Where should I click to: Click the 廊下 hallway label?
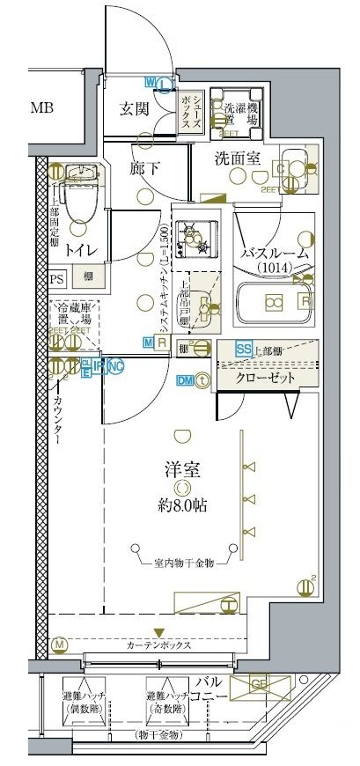click(143, 166)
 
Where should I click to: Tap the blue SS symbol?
click(244, 349)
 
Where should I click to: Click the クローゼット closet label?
click(263, 379)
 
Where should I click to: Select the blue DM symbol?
click(186, 380)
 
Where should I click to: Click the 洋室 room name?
click(180, 470)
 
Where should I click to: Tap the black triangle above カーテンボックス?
click(158, 632)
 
